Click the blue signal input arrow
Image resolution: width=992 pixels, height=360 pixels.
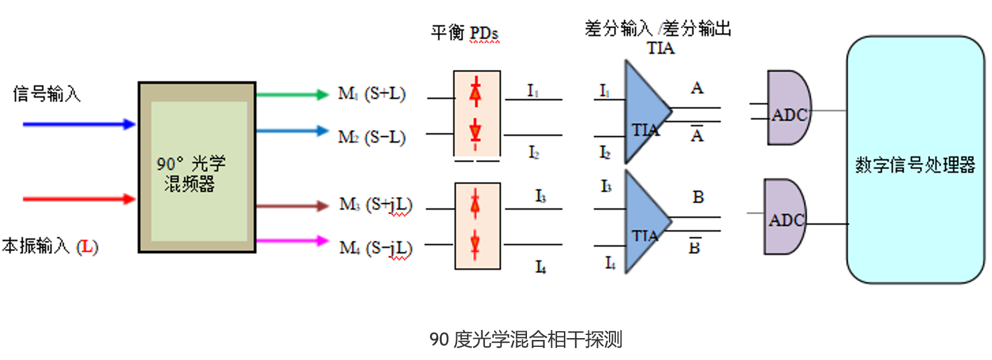pos(79,124)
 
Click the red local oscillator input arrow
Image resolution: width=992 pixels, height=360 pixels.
pos(79,199)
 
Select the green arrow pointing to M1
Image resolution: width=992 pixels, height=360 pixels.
pos(292,95)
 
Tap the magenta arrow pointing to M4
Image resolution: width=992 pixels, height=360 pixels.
pos(292,240)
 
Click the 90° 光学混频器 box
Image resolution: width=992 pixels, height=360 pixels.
pos(197,168)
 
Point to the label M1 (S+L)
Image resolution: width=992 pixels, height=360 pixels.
pos(372,94)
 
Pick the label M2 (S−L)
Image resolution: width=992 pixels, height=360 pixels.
pos(372,136)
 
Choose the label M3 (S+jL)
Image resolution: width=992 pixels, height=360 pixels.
pos(376,205)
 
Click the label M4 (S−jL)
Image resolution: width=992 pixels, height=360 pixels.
pos(376,248)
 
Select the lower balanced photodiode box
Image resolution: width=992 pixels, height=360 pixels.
pos(477,225)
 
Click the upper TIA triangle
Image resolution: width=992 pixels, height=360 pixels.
pos(645,113)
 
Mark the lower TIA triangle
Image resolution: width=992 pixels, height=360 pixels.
pos(645,222)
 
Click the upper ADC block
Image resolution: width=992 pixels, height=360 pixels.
pos(789,108)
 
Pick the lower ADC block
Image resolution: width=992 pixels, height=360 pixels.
pos(785,217)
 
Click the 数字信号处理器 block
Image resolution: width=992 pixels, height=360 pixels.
pos(915,160)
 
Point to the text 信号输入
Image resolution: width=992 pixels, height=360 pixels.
pos(47,95)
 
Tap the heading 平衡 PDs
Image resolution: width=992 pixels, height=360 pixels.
pos(464,33)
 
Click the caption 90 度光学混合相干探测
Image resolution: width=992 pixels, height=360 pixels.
pos(526,339)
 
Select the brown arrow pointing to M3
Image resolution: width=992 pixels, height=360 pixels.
pos(292,205)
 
